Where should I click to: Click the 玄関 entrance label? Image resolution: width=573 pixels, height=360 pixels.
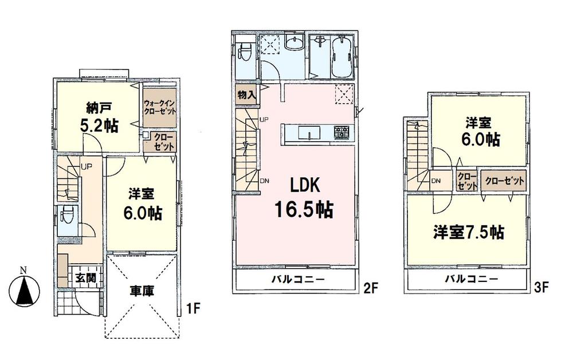81,278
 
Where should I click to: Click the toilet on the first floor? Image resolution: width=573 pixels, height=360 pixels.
65,216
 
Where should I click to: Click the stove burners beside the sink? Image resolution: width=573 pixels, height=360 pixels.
342,134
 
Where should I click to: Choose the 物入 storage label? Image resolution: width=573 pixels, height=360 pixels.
247,95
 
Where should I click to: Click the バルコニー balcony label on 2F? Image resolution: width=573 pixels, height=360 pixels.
297,280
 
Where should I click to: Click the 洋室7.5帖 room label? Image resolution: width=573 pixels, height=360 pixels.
468,233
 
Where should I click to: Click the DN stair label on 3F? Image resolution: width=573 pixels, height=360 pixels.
436,181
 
